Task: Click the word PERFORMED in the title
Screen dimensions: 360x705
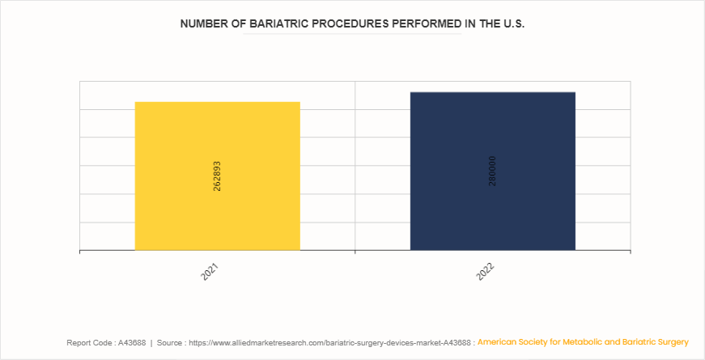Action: coord(426,24)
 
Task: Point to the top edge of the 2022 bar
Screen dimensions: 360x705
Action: coord(492,92)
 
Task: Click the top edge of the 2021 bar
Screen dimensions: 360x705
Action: coord(217,102)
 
